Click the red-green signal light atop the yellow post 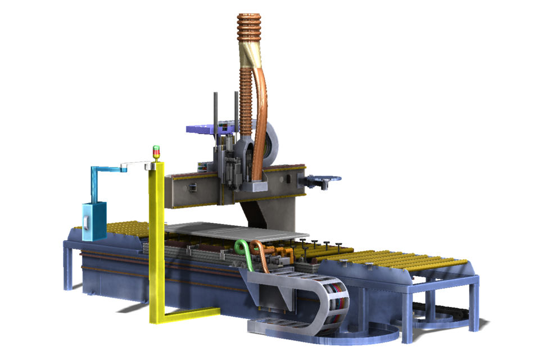(156, 152)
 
